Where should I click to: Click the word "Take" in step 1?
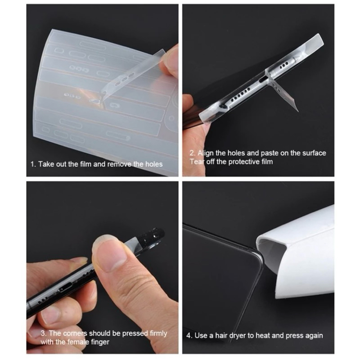45,164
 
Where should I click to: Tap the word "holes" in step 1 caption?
154,164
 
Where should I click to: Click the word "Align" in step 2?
206,153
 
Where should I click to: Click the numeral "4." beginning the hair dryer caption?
189,336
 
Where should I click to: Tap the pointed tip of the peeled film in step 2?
298,111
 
